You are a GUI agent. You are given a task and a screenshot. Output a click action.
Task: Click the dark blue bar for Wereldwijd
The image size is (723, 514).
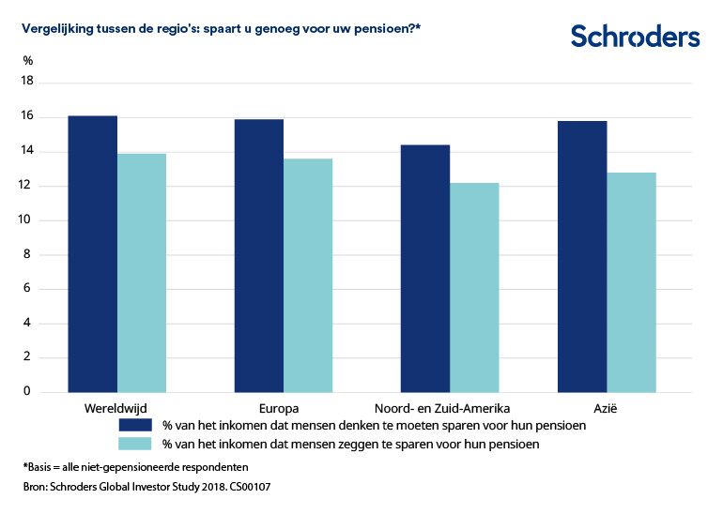coord(93,253)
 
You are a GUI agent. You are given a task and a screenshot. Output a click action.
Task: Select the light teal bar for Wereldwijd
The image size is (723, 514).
coord(142,272)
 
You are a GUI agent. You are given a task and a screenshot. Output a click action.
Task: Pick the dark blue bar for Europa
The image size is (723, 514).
coord(259,255)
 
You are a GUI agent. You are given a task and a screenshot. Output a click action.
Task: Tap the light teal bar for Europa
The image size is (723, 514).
coord(308,275)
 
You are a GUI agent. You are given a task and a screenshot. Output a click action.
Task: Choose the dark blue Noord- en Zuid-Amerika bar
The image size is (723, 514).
coord(425,268)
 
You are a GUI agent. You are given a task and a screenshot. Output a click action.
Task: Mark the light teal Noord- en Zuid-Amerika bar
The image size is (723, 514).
coord(474,287)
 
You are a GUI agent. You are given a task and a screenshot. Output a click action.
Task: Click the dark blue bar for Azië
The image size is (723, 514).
coord(582,256)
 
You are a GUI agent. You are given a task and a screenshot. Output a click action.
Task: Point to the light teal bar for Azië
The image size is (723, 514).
coord(631,281)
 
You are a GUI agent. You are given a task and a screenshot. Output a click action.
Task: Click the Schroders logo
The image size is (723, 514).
coord(635,37)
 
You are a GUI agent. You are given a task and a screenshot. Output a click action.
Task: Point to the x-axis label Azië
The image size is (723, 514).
coord(607,409)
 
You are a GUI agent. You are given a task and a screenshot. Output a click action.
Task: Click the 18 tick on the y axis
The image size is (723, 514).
coord(27,82)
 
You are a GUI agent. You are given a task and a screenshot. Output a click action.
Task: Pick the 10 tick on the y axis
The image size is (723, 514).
coord(27,220)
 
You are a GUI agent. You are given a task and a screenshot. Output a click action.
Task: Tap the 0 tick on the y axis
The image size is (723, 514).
coord(30,392)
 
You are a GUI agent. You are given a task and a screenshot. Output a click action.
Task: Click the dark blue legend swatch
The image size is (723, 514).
coord(133,425)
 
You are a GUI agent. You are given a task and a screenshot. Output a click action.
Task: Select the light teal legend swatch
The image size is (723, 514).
coord(133,444)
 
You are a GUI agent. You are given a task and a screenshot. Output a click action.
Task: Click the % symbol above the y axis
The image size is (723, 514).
coord(28,61)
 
